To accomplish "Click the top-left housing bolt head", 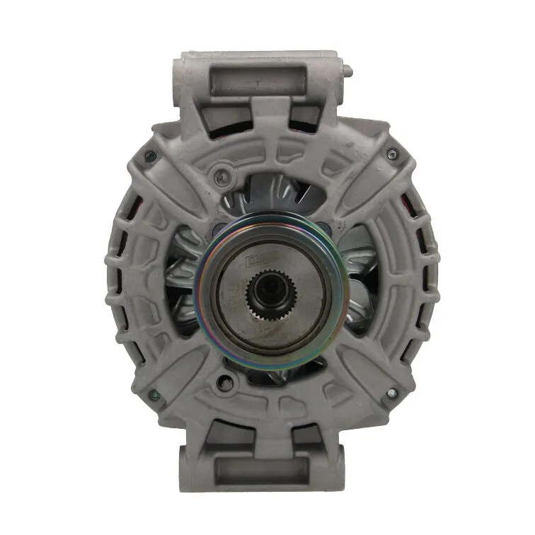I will (x=148, y=157).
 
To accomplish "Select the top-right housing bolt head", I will (x=392, y=154).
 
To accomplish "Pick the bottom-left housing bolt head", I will (x=154, y=395).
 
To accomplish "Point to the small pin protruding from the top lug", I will (x=347, y=71).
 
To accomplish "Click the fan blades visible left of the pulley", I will (x=183, y=283).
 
